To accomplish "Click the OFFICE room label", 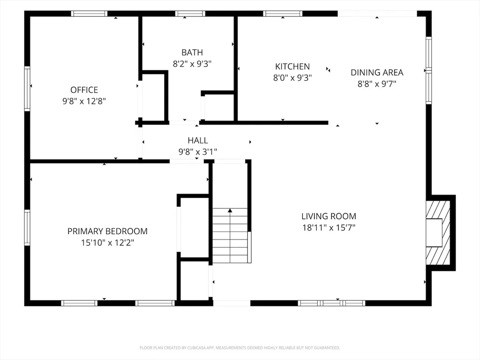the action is tap(84, 90).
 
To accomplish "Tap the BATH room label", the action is tap(192, 52).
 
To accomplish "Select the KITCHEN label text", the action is tap(292, 67).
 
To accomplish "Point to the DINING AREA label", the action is tap(377, 73).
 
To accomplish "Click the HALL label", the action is tap(198, 141).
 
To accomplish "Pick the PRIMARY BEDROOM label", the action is tap(107, 231).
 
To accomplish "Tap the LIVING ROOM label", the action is tap(329, 216).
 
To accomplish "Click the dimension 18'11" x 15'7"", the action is tap(329, 228).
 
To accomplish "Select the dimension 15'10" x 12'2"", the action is tap(107, 243).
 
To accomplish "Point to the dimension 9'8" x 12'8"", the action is tap(84, 101).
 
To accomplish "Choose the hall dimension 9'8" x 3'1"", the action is tap(198, 152).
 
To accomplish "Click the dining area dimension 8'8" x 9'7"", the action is tap(377, 84).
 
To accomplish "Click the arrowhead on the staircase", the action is tap(230, 210).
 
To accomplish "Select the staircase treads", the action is tap(230, 235).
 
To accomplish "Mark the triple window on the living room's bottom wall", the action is tap(331, 303).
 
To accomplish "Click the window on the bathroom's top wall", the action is tap(190, 14).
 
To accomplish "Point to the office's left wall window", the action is tap(27, 89).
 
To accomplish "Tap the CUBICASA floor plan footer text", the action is tap(240, 348).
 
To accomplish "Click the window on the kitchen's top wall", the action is tap(283, 14).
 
